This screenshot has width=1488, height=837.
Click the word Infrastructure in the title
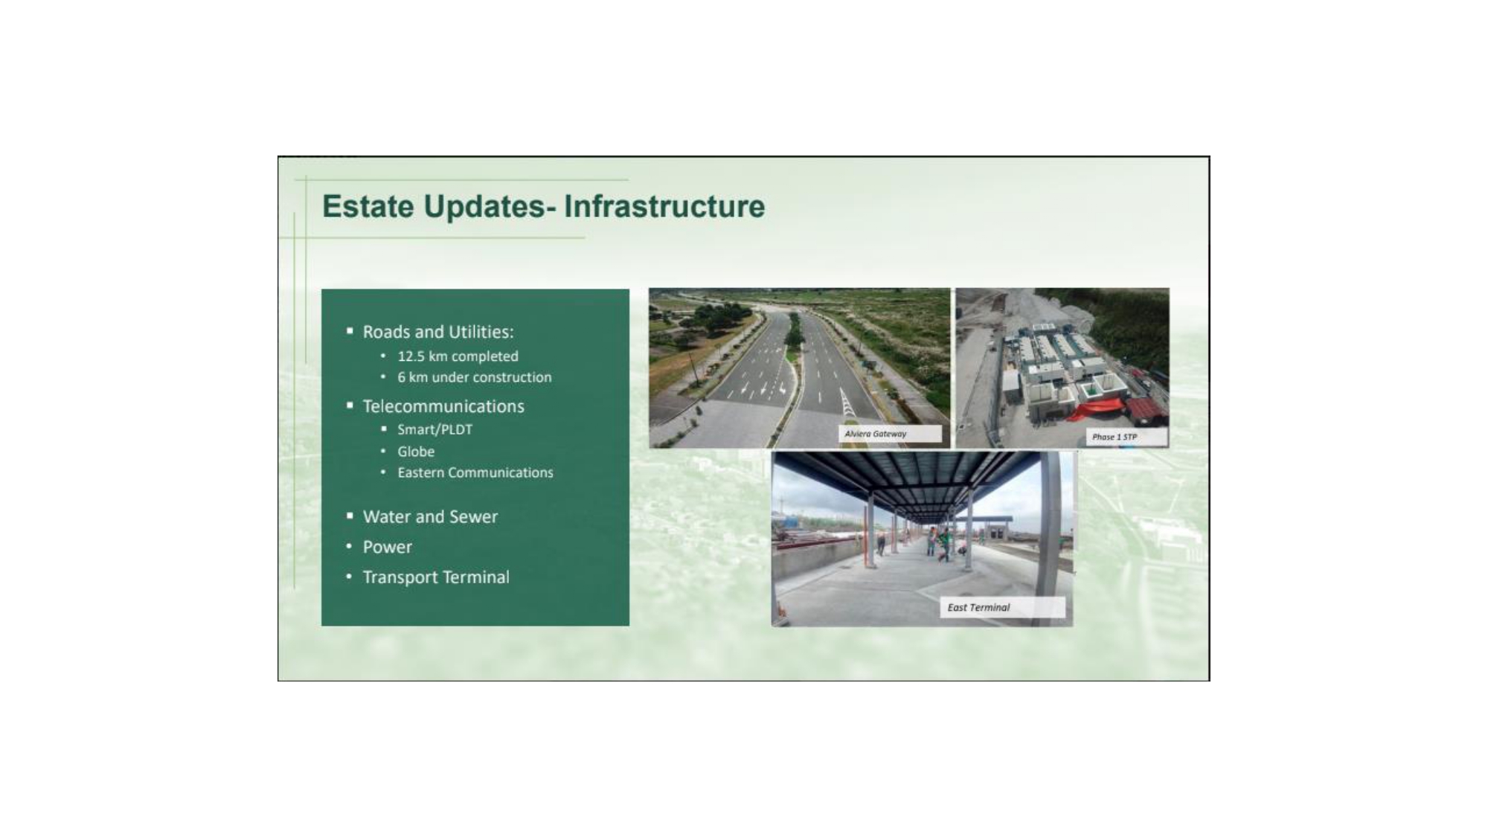coord(664,206)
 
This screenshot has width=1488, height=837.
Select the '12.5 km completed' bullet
coord(458,356)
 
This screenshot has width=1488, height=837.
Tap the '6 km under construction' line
coord(475,377)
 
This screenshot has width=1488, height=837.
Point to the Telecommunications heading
coord(443,406)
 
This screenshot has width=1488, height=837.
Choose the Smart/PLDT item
coord(434,429)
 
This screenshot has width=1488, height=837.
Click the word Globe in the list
coord(416,452)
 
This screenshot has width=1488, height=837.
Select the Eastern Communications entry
coord(475,472)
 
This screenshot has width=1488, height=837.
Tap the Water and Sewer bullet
coord(430,516)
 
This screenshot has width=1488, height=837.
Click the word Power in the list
coord(387,547)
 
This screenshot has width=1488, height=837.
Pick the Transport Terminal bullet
coord(436,577)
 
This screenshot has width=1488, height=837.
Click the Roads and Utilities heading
coord(438,332)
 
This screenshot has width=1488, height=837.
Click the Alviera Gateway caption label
coord(890,434)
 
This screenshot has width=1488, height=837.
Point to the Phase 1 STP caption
coord(1126,437)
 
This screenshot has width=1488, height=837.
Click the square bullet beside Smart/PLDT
coord(384,429)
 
